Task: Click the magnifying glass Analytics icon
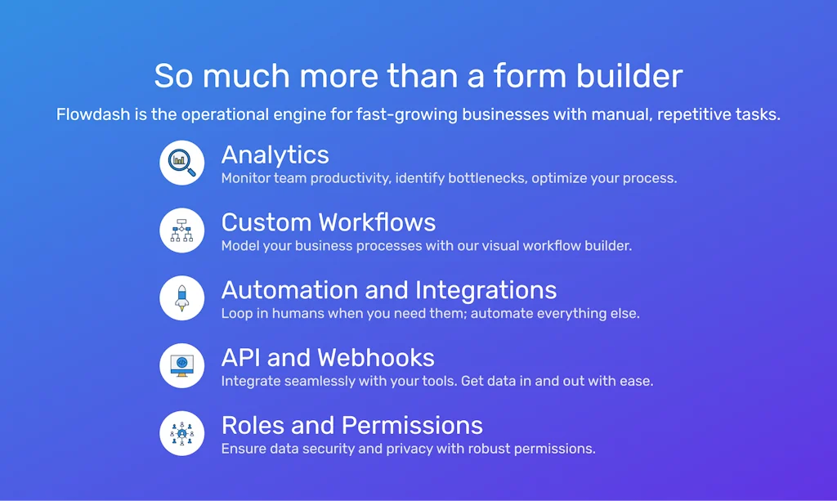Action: tap(182, 163)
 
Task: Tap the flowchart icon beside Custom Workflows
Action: tap(182, 230)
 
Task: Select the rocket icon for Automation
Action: tap(182, 298)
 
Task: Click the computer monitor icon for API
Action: tap(182, 365)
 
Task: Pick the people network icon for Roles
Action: tap(182, 433)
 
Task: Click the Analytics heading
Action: tap(275, 155)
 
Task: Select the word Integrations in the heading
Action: tap(486, 291)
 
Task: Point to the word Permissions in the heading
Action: tap(412, 426)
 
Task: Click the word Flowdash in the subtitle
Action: tap(93, 114)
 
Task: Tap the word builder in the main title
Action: tap(629, 75)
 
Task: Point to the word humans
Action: tap(298, 314)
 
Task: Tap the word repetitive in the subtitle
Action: tap(694, 114)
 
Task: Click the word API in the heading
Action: tap(240, 358)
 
